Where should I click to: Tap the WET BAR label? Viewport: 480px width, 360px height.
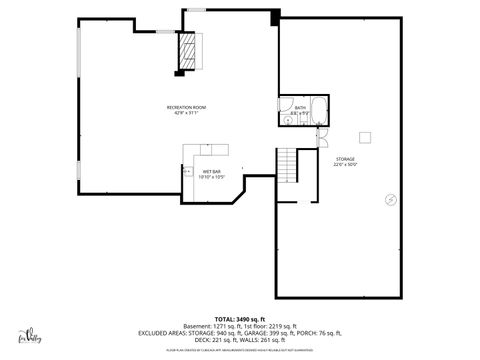click(x=211, y=172)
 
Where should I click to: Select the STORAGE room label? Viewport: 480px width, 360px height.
click(x=345, y=159)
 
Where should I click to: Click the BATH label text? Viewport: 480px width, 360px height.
click(x=300, y=107)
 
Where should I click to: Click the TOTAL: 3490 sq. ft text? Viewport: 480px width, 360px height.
click(x=240, y=317)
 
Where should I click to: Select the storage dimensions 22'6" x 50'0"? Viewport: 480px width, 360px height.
click(x=345, y=165)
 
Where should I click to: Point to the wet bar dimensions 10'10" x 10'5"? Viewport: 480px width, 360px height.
click(x=211, y=178)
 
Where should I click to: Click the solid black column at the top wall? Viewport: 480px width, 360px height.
click(x=274, y=18)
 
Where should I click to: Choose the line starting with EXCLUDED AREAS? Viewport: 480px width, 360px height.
click(x=240, y=333)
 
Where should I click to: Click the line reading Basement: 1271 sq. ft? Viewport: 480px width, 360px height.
click(x=240, y=325)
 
